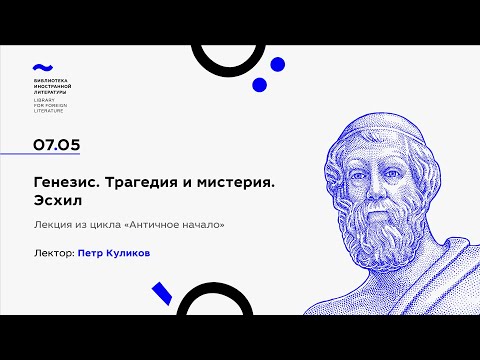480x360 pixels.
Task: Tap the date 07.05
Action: pos(57,145)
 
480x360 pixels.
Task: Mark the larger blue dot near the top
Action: pos(262,86)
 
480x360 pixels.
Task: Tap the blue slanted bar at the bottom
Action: pos(159,295)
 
